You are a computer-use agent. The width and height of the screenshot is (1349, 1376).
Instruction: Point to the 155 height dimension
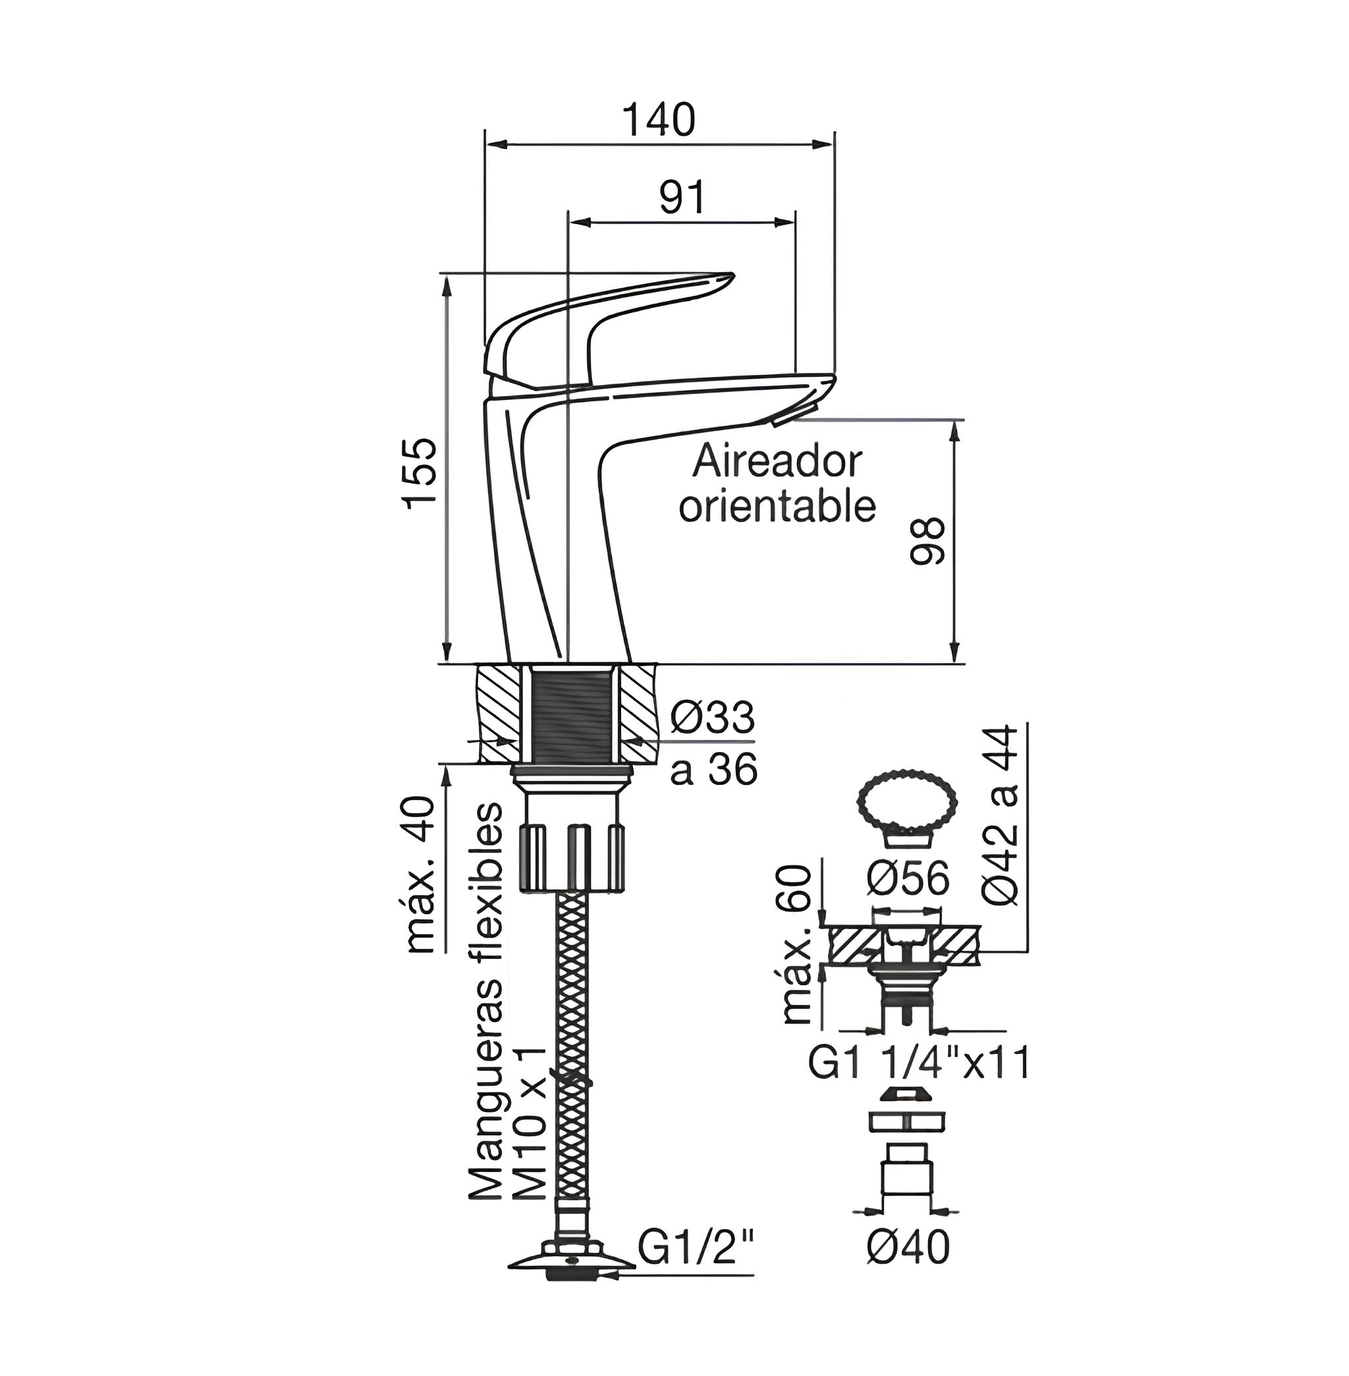[418, 473]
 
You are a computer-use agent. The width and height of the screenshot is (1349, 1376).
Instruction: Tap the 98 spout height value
[927, 541]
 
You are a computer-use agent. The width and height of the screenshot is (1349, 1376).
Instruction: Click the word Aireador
[777, 462]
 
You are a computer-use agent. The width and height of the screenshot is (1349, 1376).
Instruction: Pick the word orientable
[777, 506]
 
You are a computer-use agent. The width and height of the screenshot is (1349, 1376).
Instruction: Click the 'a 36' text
[713, 769]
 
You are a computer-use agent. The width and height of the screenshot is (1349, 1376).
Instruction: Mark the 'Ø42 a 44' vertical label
[1000, 815]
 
